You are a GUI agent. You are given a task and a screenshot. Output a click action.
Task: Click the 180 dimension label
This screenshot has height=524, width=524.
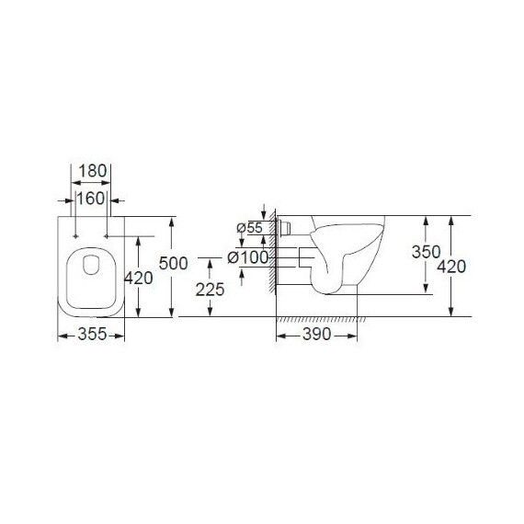pos(93,171)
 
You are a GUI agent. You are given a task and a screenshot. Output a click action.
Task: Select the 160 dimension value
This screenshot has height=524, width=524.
pos(91,199)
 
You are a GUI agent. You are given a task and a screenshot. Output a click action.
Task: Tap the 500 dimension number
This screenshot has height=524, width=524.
pos(173,263)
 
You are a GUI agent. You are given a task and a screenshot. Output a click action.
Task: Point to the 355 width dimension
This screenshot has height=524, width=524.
pos(92,334)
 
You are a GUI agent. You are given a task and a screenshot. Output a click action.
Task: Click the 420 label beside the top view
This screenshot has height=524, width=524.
pos(139,278)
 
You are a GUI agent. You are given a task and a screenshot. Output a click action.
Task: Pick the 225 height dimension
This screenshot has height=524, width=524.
pos(210,290)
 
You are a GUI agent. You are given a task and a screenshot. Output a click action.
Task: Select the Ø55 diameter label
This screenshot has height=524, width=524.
pos(250,228)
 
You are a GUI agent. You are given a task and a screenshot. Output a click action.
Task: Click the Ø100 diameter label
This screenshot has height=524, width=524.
pos(248,257)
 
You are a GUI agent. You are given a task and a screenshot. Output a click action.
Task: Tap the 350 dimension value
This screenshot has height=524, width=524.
pos(426,252)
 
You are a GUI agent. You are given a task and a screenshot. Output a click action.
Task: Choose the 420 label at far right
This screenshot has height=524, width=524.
pos(451,267)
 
